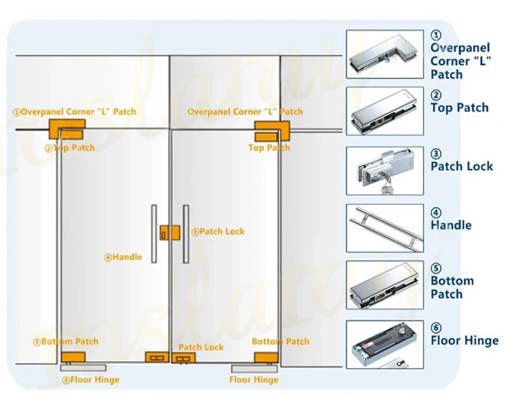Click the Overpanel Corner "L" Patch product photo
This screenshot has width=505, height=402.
tap(385, 55)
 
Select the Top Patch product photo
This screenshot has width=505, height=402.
tap(385, 112)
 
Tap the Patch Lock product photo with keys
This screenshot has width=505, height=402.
tap(385, 171)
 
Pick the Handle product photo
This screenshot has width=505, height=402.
tap(385, 228)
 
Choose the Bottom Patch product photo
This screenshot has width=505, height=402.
tap(385, 286)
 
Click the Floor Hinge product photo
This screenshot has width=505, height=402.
tap(385, 343)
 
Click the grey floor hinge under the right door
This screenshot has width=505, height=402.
tap(254, 368)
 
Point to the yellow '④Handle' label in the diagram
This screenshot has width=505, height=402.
tap(123, 257)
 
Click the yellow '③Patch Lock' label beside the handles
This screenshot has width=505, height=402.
tap(217, 231)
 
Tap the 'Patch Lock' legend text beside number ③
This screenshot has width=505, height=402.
tap(462, 166)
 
